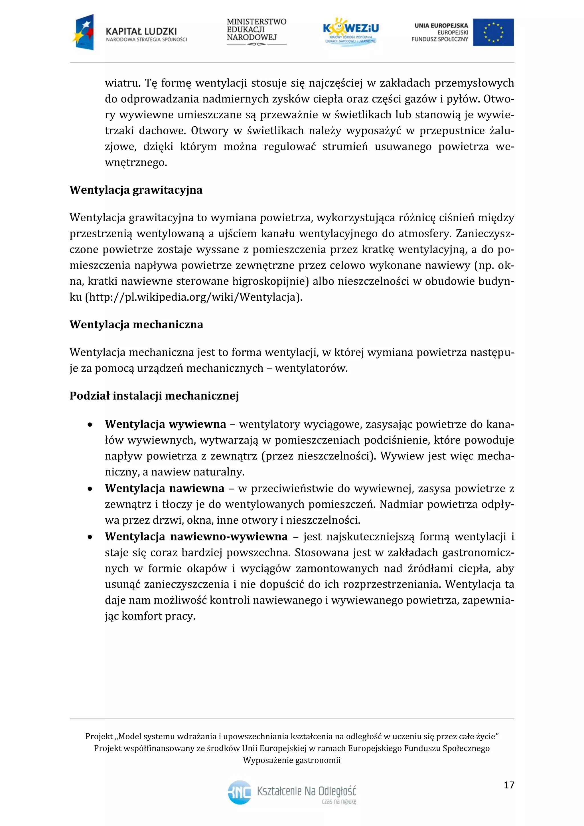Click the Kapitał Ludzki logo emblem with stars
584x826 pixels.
84,32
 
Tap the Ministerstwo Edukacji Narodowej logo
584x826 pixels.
256,31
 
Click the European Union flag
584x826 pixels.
493,32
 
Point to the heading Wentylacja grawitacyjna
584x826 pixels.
136,190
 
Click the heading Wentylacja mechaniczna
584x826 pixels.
136,325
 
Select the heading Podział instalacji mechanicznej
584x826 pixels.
154,396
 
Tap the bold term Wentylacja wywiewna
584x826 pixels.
165,424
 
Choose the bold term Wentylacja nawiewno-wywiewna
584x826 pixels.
196,537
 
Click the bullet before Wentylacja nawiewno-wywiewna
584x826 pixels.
90,537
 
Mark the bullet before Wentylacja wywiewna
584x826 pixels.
90,425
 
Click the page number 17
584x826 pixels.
509,785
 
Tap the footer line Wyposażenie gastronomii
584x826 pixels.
292,760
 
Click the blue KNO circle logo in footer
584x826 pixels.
240,792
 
